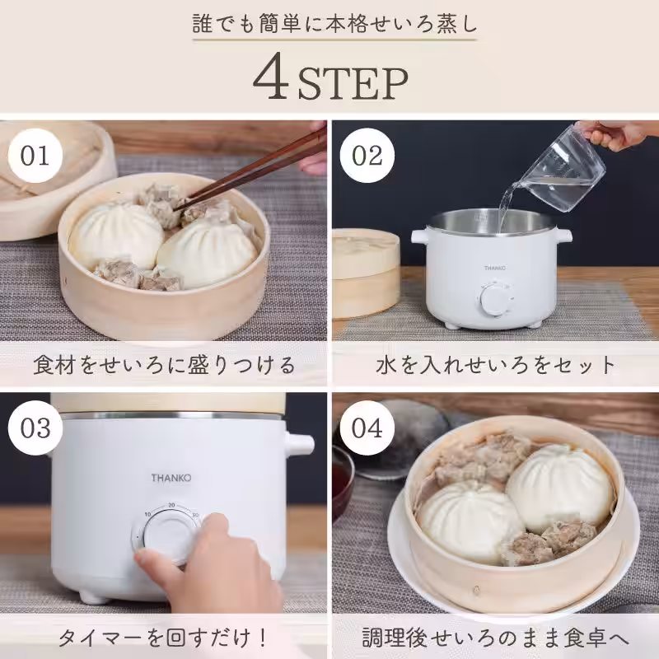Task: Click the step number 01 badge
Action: [35, 155]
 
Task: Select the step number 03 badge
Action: [35, 428]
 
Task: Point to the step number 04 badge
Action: [367, 428]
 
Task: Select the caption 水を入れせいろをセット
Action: [495, 363]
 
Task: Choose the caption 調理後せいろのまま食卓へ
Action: [495, 637]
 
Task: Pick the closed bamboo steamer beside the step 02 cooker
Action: [366, 272]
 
